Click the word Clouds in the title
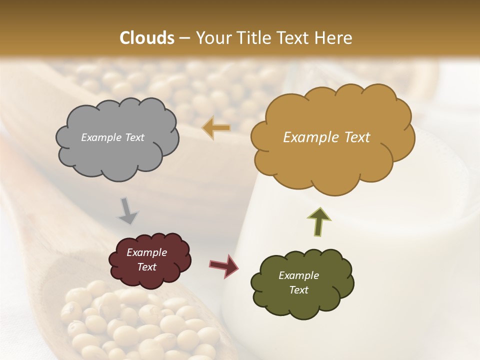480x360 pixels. coord(147,38)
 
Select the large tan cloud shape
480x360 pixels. coord(332,165)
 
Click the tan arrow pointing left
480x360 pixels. coord(216,128)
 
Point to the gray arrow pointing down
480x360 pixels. coord(127,210)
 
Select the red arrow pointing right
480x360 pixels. coord(224,265)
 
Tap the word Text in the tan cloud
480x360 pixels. coord(353,137)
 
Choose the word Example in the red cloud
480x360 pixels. coord(146,252)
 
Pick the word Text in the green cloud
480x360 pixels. coord(298,290)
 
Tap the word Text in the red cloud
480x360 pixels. coord(146,267)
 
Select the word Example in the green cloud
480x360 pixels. coord(298,275)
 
